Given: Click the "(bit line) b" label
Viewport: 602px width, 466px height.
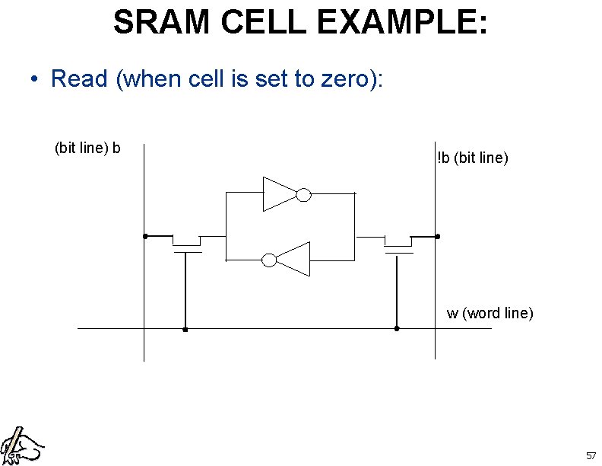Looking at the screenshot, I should pos(87,147).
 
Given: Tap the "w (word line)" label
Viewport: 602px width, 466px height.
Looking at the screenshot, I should pos(490,313).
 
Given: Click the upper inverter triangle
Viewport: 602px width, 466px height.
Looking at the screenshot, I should pos(278,194).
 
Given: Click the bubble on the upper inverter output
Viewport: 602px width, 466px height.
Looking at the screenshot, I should pos(303,195).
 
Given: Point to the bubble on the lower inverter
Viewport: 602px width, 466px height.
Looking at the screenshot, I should pos(269,260).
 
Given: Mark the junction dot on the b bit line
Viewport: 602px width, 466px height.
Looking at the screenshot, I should pos(144,236).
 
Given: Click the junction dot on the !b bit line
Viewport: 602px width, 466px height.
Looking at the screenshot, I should pos(437,236).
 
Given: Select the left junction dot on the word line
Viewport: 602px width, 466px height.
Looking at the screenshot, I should pos(185,330).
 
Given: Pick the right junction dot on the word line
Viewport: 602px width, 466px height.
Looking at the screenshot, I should pos(396,329).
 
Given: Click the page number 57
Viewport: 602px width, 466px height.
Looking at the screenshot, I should pos(591,455).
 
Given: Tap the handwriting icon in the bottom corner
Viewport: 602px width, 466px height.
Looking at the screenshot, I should pos(21,445).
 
